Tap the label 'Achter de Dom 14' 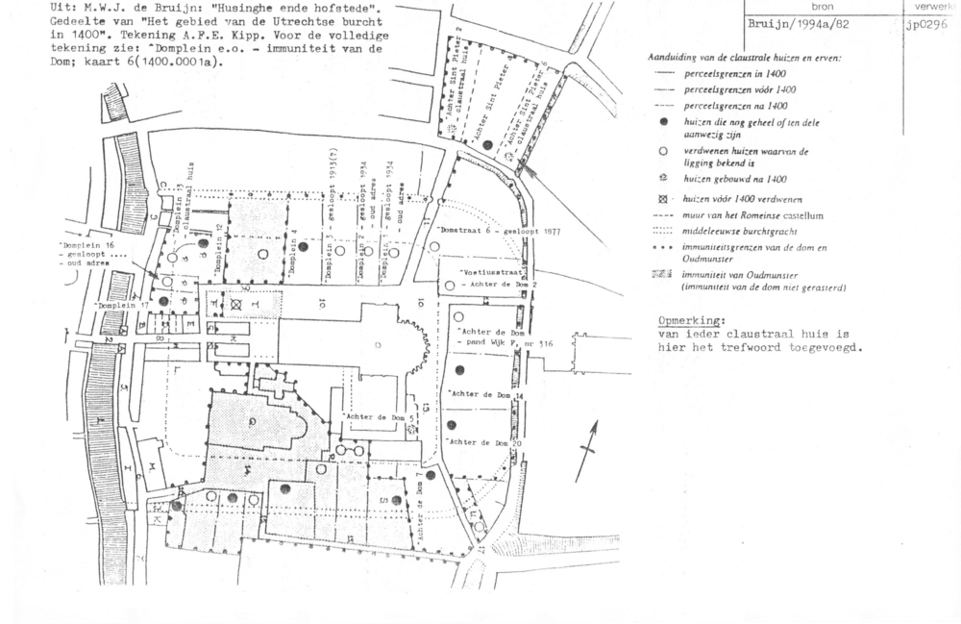pyautogui.click(x=486, y=396)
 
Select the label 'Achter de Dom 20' pyautogui.click(x=486, y=441)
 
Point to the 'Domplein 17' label pyautogui.click(x=123, y=307)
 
